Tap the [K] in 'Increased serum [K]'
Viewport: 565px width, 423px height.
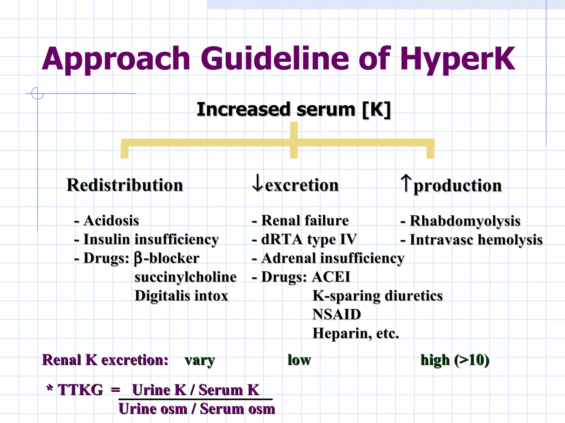(376, 110)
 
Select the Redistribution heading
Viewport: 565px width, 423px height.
(125, 185)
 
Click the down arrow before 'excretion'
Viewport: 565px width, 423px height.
(257, 183)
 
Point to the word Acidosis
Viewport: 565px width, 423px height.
(111, 221)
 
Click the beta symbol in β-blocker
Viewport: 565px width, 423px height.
(138, 259)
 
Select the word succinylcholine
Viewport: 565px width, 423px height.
(185, 277)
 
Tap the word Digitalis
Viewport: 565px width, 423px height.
(162, 296)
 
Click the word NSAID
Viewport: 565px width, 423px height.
(337, 314)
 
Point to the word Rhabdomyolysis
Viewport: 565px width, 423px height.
(465, 221)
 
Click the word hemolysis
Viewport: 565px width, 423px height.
(510, 240)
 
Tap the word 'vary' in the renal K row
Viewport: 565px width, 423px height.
(200, 360)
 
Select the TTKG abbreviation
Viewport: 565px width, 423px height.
(80, 390)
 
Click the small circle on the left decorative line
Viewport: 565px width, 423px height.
(38, 93)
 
